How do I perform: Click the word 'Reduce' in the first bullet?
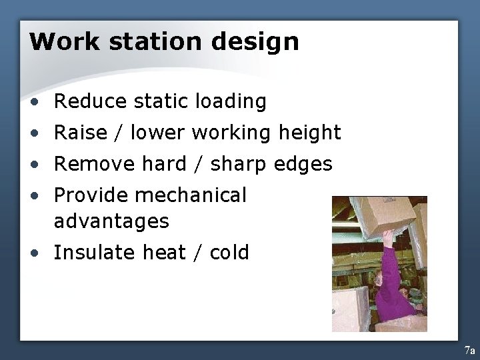tap(90, 101)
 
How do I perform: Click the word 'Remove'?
tap(93, 164)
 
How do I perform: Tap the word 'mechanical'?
tap(191, 195)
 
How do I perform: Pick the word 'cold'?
tap(229, 253)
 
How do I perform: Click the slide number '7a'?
tap(469, 350)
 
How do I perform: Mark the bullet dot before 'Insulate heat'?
tap(34, 253)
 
